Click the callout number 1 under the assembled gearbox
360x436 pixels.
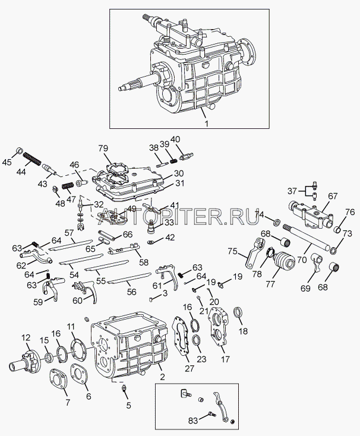[207, 123]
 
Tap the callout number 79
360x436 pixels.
[103, 148]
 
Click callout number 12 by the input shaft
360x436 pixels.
[26, 338]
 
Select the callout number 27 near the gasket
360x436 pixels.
[189, 368]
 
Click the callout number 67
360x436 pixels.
[332, 195]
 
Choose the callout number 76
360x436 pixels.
[350, 212]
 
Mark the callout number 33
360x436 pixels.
[169, 223]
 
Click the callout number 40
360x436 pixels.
[175, 140]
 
